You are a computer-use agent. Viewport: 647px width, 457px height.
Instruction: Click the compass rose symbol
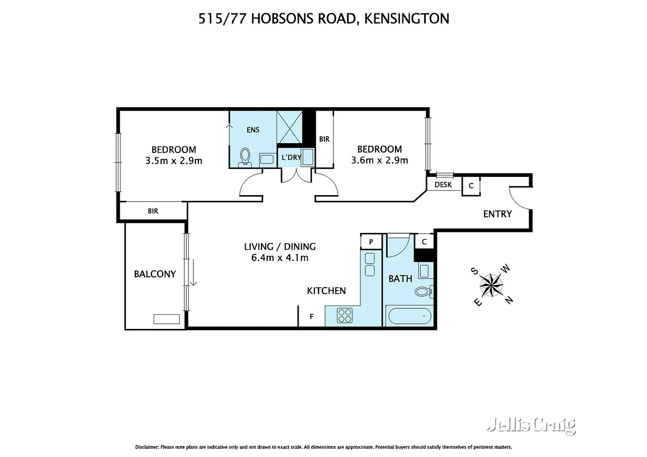coord(491,285)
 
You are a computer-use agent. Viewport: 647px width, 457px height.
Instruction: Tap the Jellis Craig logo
coord(531,425)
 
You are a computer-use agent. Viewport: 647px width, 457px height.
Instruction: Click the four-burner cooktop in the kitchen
coord(345,316)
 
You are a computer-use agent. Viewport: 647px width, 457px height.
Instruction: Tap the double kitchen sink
coord(370,264)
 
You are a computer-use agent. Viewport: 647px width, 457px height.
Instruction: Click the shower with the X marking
coord(289,127)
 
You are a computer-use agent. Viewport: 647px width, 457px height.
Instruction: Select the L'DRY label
coord(291,157)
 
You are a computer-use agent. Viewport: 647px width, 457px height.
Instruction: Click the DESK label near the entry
coord(443,184)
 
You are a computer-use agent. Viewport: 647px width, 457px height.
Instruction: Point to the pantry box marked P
coord(371,242)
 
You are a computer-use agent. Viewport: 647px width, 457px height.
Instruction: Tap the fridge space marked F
coord(312,317)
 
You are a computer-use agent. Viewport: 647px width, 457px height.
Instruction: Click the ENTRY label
coord(498,214)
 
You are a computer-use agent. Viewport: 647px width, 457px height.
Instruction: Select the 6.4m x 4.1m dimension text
coord(280,258)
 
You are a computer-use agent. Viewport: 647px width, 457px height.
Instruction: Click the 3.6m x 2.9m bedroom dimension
coord(379,160)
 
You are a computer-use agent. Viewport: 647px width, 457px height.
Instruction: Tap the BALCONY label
coord(155,274)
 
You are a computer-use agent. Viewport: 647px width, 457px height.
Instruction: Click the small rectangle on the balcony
coord(166,319)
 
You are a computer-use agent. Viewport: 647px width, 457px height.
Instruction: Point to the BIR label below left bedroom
coord(153,211)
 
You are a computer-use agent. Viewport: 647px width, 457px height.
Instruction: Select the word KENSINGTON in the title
coord(406,19)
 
